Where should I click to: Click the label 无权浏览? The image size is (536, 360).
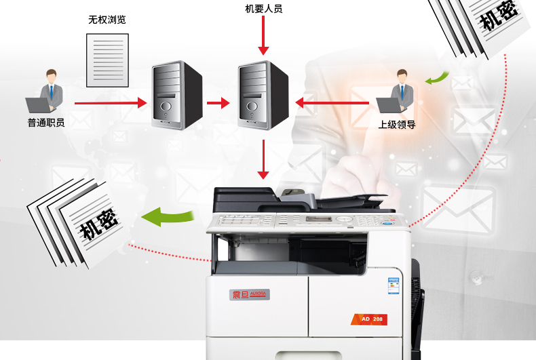[x=107, y=20]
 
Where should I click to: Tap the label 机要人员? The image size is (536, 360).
[x=263, y=9]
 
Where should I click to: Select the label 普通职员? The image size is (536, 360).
[x=46, y=123]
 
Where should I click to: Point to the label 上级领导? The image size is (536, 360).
[x=397, y=125]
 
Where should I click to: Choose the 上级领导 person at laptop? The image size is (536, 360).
[x=396, y=94]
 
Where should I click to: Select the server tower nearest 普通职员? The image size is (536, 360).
[x=176, y=95]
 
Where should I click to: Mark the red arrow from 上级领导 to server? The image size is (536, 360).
[x=335, y=103]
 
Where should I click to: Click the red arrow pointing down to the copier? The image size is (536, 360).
[x=264, y=160]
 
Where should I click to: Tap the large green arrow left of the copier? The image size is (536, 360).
[x=166, y=216]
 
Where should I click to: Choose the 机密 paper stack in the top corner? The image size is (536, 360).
[x=485, y=24]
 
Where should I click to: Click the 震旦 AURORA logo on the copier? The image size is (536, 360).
[x=250, y=294]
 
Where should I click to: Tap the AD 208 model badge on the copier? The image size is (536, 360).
[x=372, y=318]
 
